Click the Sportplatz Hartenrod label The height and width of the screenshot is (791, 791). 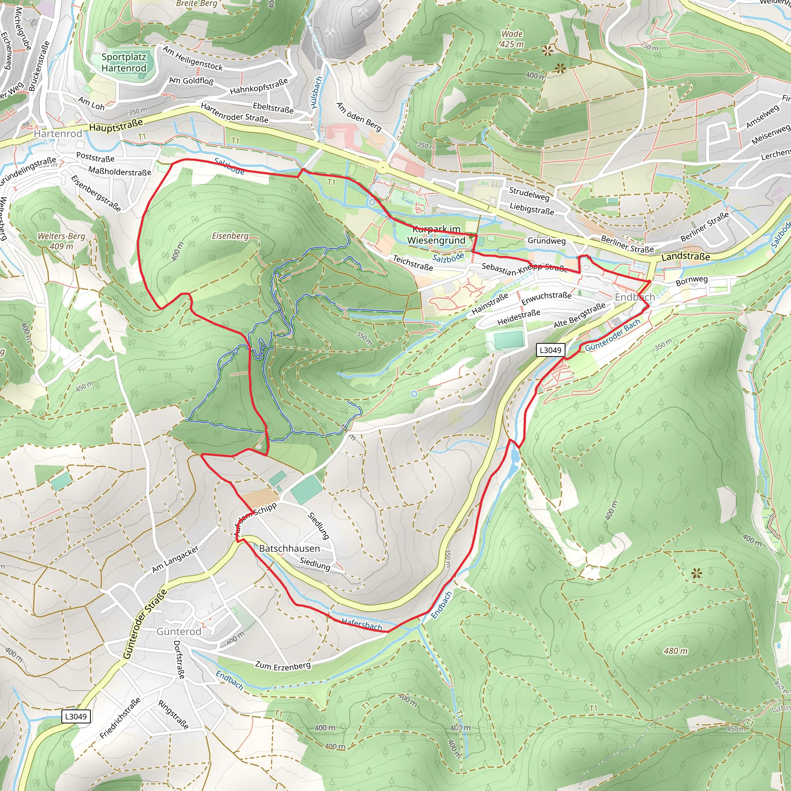click(x=124, y=63)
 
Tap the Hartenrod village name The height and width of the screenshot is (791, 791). click(x=58, y=134)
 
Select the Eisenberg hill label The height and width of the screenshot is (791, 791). click(x=230, y=236)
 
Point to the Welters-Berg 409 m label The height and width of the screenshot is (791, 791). click(x=61, y=241)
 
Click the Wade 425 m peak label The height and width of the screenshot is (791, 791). click(x=512, y=39)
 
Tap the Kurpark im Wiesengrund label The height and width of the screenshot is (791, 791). click(x=436, y=235)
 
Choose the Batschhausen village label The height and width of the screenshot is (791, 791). click(x=289, y=548)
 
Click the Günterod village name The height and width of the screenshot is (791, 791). click(x=179, y=631)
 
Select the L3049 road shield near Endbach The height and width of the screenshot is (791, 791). click(x=551, y=350)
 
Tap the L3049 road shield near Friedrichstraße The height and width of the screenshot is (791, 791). click(x=76, y=716)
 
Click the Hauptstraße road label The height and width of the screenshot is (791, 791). click(x=116, y=125)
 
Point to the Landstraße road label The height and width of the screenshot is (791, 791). click(x=686, y=257)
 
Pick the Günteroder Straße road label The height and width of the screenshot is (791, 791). click(x=145, y=624)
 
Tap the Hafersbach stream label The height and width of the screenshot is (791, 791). click(x=362, y=624)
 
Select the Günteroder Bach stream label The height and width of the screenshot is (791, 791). click(x=613, y=335)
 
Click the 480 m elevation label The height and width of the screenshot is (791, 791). click(x=676, y=651)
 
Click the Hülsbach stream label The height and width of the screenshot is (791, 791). click(x=316, y=93)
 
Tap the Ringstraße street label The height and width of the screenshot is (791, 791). click(x=173, y=715)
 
